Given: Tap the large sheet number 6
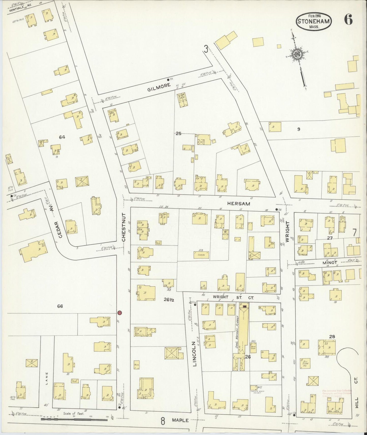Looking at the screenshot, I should tap(348, 20).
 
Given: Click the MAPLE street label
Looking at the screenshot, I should tap(180, 420).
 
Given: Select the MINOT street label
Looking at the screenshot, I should tap(330, 263).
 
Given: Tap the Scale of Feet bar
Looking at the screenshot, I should tap(74, 420).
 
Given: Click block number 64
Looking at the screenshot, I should tap(62, 137).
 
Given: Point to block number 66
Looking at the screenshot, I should tap(60, 306).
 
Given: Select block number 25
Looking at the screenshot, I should tap(178, 133).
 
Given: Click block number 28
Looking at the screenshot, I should tap(332, 337).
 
